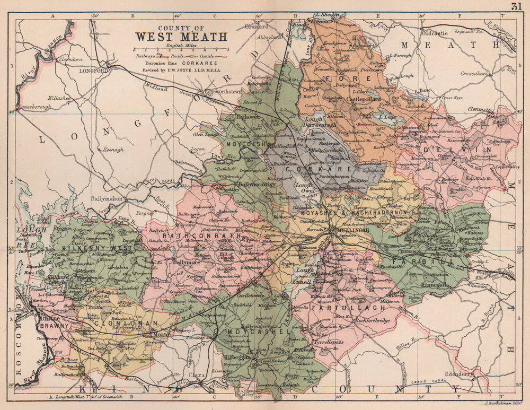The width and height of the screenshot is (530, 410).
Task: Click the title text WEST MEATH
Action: (181, 37)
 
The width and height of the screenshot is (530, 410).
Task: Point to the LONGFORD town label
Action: (94, 70)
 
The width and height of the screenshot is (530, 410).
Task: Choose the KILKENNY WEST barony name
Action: (91, 248)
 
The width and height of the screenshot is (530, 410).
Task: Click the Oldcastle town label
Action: (434, 33)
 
